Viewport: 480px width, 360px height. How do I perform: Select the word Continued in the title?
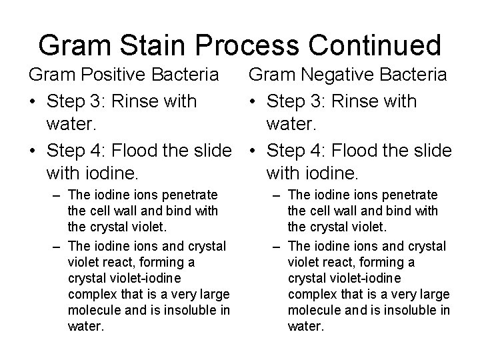tap(377, 45)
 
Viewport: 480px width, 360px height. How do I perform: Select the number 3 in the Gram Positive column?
tap(98, 101)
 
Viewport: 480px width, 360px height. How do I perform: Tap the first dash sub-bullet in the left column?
tap(57, 195)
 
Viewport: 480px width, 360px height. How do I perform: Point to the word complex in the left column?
tap(91, 294)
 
